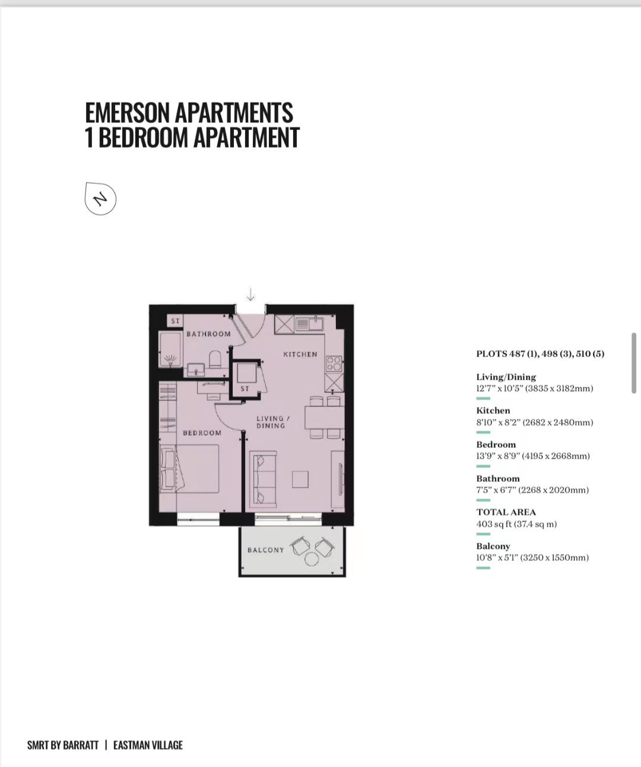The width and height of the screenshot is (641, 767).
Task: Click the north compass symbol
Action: tap(100, 199)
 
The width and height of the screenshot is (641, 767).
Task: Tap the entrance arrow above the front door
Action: tap(250, 294)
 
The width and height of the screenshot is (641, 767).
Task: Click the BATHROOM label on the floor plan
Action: tap(208, 334)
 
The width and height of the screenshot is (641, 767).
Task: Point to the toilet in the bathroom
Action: tap(215, 359)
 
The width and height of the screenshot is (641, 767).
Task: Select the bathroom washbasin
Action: tap(196, 369)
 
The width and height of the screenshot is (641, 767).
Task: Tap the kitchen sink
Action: tap(309, 324)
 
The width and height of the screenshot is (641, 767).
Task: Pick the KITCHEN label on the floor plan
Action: tap(300, 354)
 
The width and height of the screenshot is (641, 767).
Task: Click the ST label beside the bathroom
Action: tap(175, 321)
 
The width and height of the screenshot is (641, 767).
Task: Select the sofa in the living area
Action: tap(263, 479)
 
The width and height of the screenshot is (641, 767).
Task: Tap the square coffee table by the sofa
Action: tap(300, 479)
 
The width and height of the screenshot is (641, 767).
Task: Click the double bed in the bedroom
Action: tap(189, 469)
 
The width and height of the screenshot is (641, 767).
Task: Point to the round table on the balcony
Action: tap(312, 559)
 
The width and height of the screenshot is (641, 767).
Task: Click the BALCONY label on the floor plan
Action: tap(266, 550)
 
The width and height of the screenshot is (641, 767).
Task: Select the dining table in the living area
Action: tap(325, 417)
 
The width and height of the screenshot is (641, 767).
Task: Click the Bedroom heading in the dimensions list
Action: tap(496, 444)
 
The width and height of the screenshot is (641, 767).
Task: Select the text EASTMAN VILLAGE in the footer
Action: tap(148, 745)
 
